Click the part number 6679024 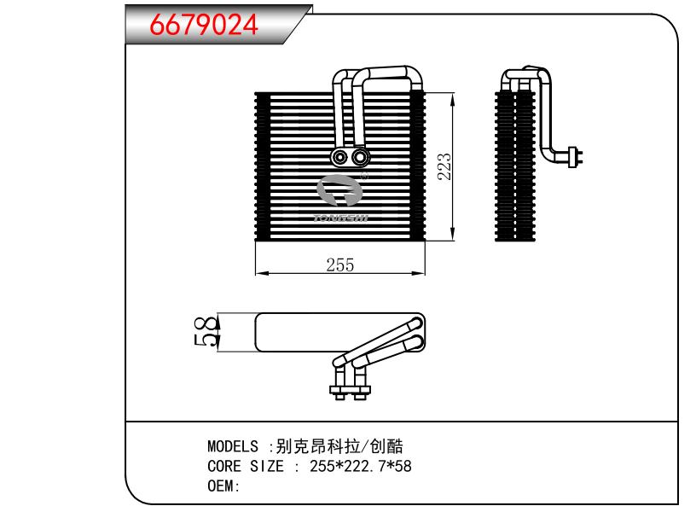tap(204, 25)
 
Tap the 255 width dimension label tap(339, 265)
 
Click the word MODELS tap(232, 446)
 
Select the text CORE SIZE tap(246, 466)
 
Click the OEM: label tap(224, 486)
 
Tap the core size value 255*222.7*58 tap(360, 466)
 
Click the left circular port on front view tap(340, 157)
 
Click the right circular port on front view tap(360, 157)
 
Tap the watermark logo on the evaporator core tap(341, 199)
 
